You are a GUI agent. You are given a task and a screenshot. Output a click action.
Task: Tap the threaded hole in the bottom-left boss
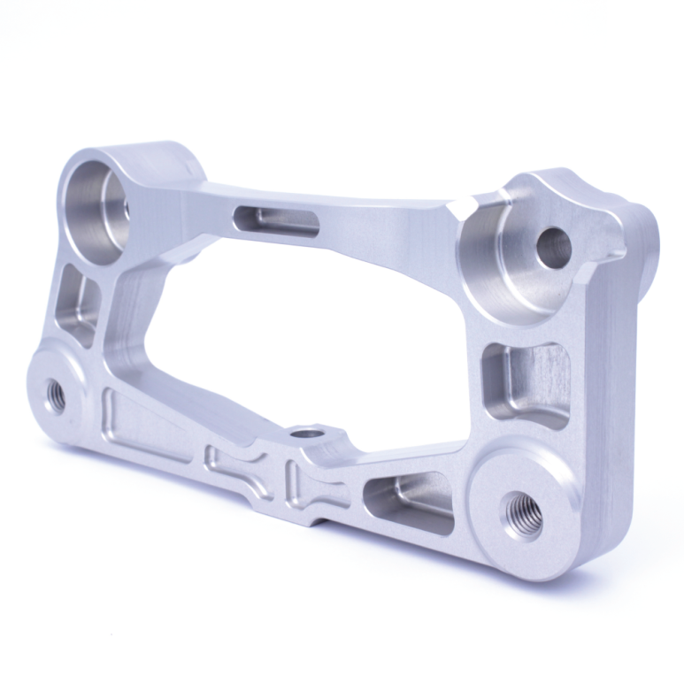click(55, 395)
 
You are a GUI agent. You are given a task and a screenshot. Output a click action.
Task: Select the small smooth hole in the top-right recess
click(554, 248)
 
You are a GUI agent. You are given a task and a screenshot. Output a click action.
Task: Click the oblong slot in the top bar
click(276, 219)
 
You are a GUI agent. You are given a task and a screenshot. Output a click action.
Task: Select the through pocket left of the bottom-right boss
click(410, 501)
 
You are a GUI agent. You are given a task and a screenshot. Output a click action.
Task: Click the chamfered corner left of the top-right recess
click(457, 210)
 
